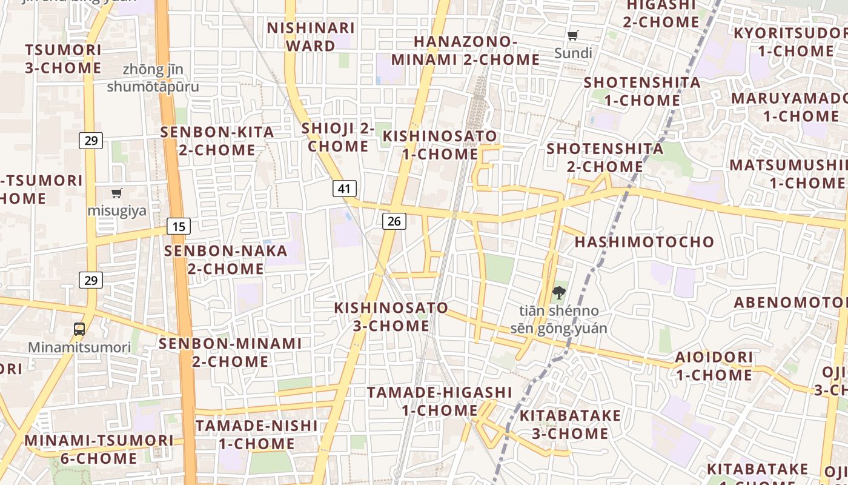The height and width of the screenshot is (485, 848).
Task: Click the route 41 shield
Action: pyautogui.click(x=344, y=189)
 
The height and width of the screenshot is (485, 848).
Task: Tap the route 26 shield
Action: pyautogui.click(x=394, y=221)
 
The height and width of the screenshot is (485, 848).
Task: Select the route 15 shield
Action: pyautogui.click(x=179, y=227)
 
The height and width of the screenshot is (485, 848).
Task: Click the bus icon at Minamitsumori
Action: pyautogui.click(x=79, y=329)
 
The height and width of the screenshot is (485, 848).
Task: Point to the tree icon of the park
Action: pyautogui.click(x=558, y=293)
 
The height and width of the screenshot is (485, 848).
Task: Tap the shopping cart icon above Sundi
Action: pyautogui.click(x=573, y=35)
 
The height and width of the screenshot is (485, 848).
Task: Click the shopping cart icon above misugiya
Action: pyautogui.click(x=117, y=193)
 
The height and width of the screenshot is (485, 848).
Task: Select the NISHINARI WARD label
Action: pyautogui.click(x=311, y=37)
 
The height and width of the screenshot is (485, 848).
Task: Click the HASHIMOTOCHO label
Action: pyautogui.click(x=644, y=242)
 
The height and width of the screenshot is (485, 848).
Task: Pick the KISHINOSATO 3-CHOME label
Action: pyautogui.click(x=391, y=316)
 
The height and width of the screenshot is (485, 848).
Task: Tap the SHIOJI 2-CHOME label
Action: pyautogui.click(x=338, y=137)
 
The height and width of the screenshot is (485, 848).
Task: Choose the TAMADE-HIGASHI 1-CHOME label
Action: pyautogui.click(x=440, y=401)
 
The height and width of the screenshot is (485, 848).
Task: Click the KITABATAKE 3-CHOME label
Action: pyautogui.click(x=570, y=424)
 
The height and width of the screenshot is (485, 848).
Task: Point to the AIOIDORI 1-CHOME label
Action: pyautogui.click(x=714, y=366)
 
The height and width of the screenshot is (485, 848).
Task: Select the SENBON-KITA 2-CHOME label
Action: pyautogui.click(x=217, y=141)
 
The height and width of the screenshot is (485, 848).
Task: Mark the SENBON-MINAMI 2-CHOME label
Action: pyautogui.click(x=230, y=352)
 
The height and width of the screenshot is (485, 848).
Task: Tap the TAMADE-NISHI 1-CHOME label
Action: pyautogui.click(x=256, y=435)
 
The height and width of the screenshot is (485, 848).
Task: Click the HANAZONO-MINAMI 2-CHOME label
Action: pyautogui.click(x=465, y=50)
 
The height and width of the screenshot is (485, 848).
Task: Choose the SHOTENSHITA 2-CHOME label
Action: pyautogui.click(x=605, y=157)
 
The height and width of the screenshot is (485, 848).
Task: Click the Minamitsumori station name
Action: pyautogui.click(x=79, y=347)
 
